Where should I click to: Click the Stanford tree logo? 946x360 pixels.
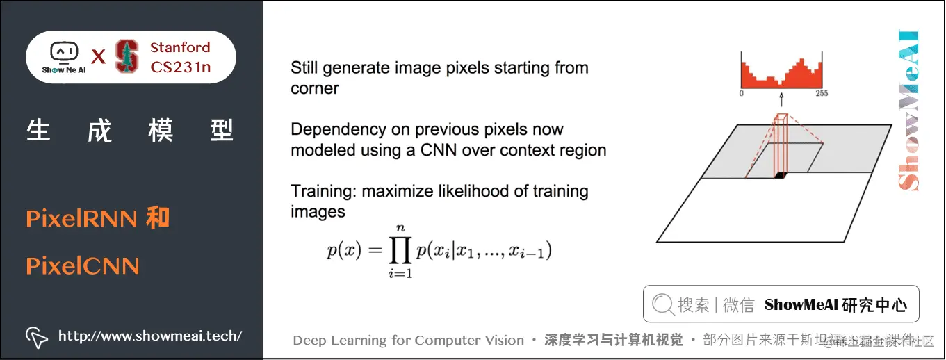(x=127, y=57)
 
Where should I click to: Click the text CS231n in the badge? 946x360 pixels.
(x=180, y=67)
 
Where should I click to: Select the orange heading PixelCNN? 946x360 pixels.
(x=83, y=266)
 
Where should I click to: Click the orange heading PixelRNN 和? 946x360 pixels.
(x=97, y=219)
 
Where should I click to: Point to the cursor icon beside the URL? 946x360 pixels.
(x=36, y=337)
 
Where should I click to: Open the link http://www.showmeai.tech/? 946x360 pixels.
(x=150, y=336)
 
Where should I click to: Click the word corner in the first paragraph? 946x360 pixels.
(x=315, y=89)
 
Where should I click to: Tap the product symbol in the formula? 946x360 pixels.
(x=400, y=250)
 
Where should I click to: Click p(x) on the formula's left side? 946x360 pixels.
(x=344, y=251)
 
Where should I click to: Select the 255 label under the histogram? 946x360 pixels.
(x=821, y=93)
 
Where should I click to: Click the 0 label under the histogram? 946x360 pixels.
(x=742, y=93)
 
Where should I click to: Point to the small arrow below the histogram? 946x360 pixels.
(x=781, y=99)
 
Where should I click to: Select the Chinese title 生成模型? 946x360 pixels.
(x=130, y=130)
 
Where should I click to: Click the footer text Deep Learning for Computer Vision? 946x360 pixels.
(x=408, y=341)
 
